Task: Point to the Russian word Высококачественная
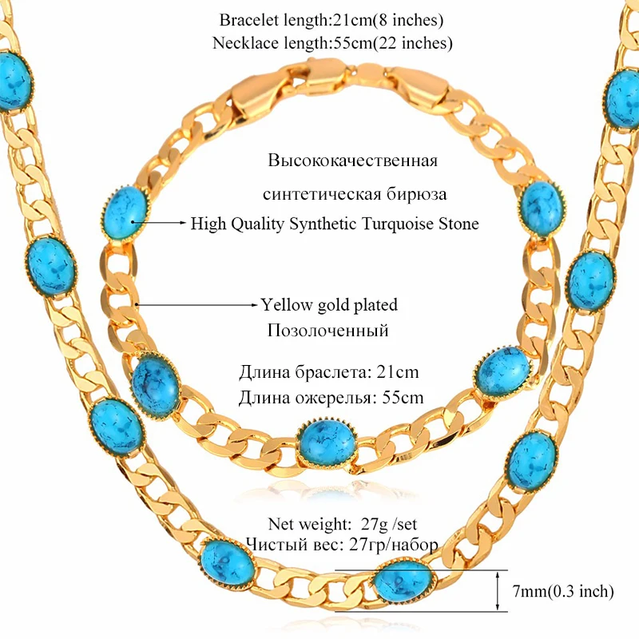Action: [352, 161]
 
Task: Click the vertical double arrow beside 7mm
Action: [501, 590]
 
